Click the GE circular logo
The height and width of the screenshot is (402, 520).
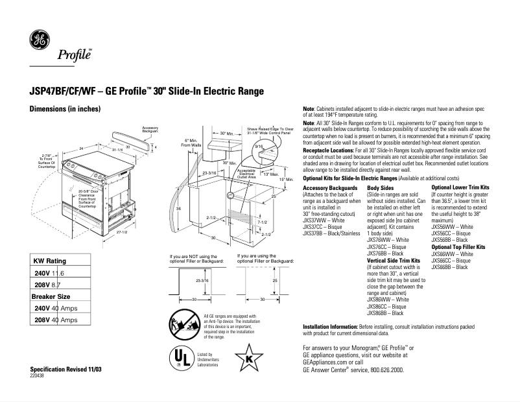[x=39, y=41]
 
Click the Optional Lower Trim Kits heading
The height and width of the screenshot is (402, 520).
[x=460, y=188]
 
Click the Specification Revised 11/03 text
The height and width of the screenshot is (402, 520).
[x=66, y=368]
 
